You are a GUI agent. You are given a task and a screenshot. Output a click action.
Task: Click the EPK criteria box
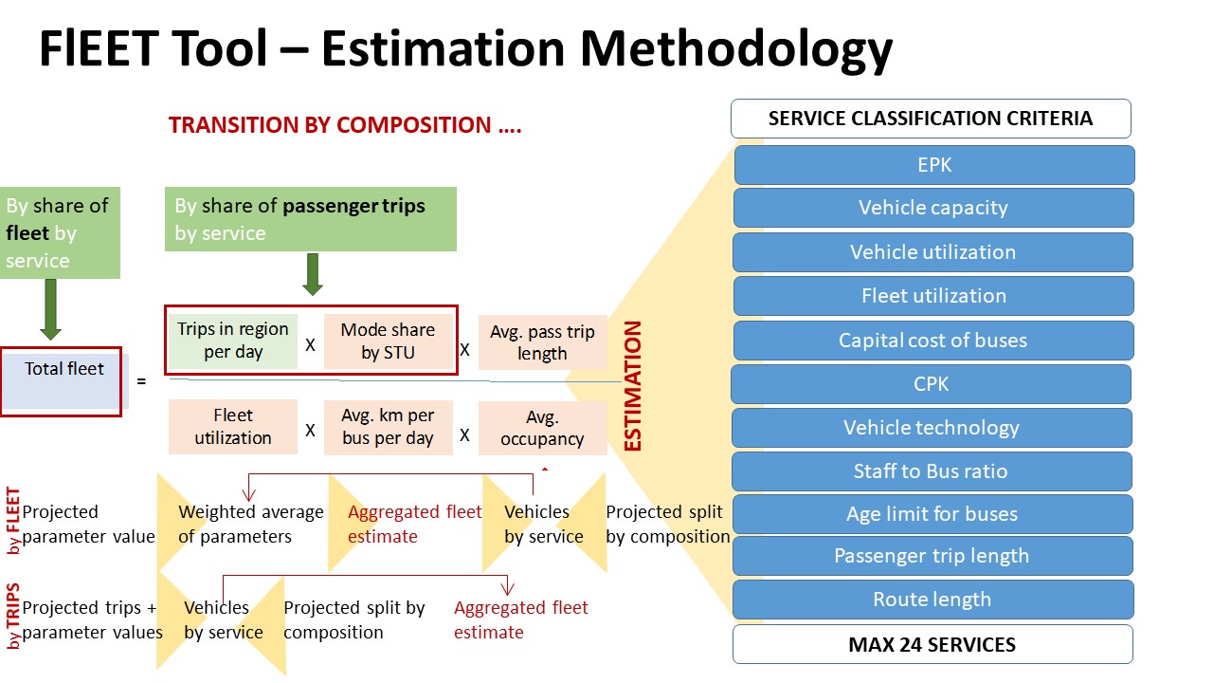(x=934, y=165)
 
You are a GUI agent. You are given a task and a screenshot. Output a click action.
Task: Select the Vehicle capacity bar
(x=933, y=208)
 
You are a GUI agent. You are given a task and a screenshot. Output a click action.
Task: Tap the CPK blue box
(x=931, y=384)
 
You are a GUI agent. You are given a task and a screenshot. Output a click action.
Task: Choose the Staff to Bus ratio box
(x=932, y=471)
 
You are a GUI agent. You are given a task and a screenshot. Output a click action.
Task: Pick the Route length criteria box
(x=932, y=599)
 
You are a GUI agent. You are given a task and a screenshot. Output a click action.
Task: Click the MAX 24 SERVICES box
(x=932, y=644)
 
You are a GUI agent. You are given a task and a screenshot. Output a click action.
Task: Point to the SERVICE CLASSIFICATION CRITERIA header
(x=931, y=119)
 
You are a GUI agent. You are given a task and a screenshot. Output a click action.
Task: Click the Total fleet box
(x=62, y=381)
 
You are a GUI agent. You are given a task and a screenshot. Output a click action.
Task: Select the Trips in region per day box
(x=233, y=341)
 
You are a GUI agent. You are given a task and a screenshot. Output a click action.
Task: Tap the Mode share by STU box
(x=389, y=341)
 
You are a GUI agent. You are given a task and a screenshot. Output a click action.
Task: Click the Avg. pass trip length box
(x=542, y=342)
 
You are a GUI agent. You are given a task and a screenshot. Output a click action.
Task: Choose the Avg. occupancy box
(x=542, y=428)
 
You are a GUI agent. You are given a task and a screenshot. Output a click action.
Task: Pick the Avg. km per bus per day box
(x=389, y=427)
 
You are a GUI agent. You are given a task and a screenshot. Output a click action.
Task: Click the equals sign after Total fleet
(x=141, y=381)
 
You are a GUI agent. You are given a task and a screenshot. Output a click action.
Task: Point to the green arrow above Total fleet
(x=50, y=309)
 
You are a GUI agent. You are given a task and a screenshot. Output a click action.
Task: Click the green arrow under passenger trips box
(x=313, y=274)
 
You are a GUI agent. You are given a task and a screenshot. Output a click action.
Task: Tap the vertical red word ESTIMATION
(x=632, y=386)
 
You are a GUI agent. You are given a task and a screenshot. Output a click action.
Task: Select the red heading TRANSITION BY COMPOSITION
(x=345, y=125)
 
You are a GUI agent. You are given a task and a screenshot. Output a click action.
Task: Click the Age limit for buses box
(x=932, y=514)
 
